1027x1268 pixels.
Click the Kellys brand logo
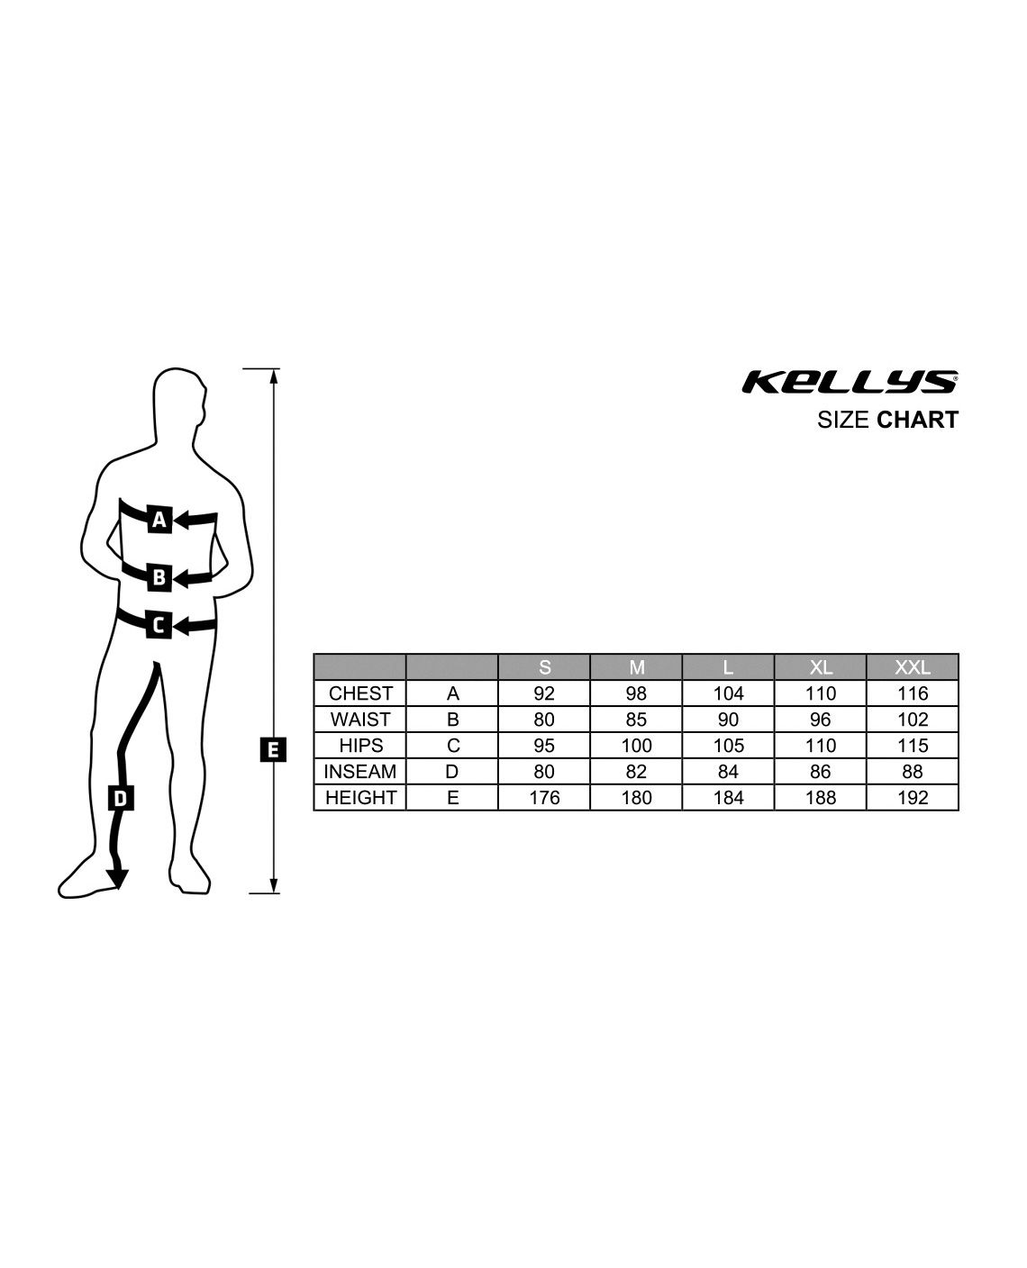[850, 382]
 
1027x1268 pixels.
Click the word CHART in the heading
[917, 420]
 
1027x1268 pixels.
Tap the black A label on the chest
[159, 520]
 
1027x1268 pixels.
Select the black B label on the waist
[159, 577]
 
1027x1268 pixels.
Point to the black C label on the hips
[159, 625]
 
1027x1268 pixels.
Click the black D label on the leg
[120, 798]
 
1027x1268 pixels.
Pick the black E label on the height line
[273, 749]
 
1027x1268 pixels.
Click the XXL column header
[912, 667]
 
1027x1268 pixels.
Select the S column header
[544, 667]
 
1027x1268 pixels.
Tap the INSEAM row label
[359, 772]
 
